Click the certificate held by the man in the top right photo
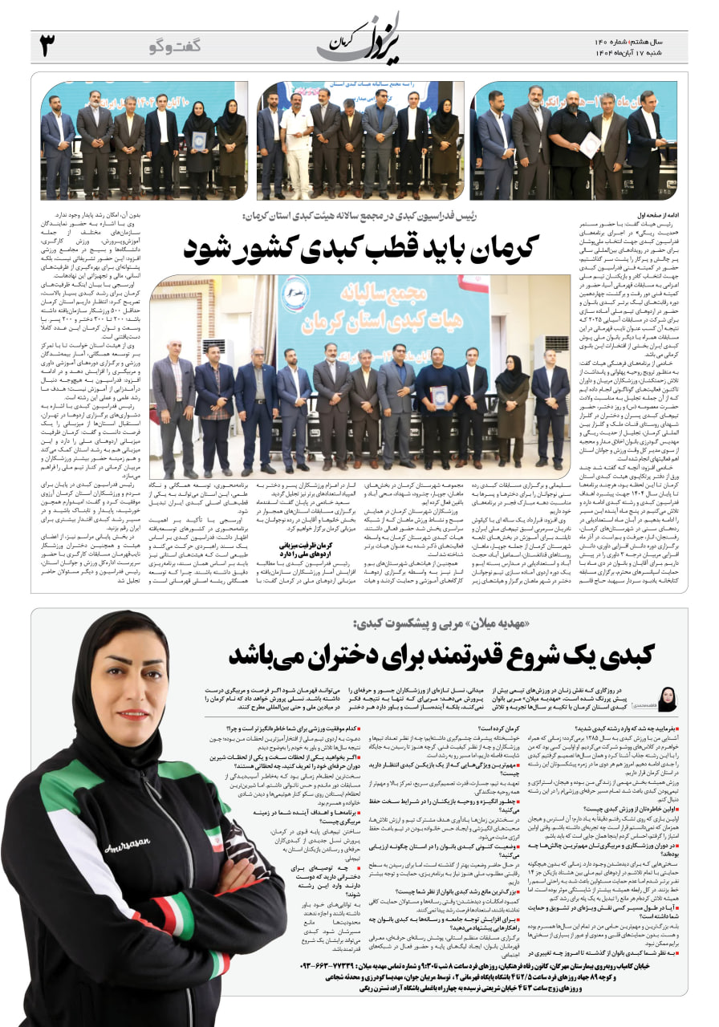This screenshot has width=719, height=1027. [591, 144]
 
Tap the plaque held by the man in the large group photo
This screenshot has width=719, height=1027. [438, 396]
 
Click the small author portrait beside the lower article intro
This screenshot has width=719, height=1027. [667, 698]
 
